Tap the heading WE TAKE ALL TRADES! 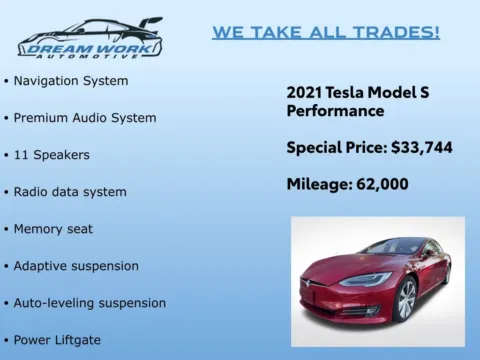tap(326, 33)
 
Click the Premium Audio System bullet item tap(85, 117)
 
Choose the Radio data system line tap(70, 192)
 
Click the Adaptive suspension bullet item tap(76, 266)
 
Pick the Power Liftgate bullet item tap(63, 340)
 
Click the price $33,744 tap(421, 148)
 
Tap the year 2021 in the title tap(304, 92)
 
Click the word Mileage tap(315, 184)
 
